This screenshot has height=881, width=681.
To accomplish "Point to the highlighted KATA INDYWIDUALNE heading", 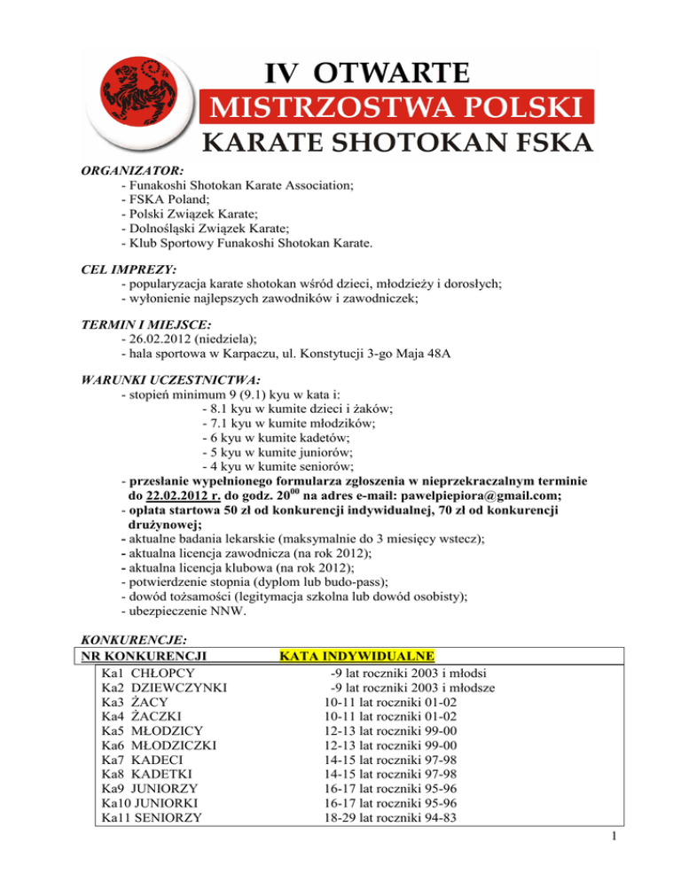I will tap(356, 657).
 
